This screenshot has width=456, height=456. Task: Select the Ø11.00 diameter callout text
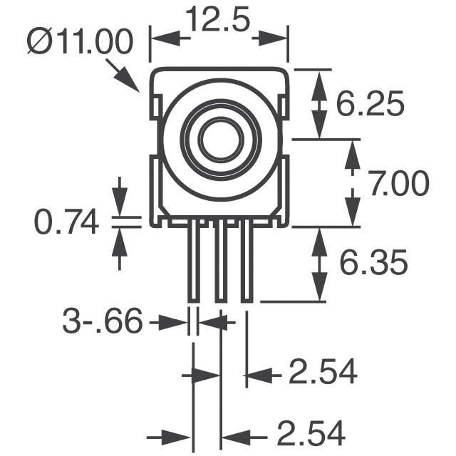pyautogui.click(x=81, y=43)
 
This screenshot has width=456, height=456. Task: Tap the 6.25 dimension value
pyautogui.click(x=370, y=105)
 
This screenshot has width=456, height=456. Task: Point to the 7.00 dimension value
pyautogui.click(x=398, y=185)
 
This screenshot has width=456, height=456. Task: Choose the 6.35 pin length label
pyautogui.click(x=372, y=264)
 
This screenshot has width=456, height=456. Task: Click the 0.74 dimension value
pyautogui.click(x=66, y=223)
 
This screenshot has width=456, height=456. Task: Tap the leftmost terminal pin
pyautogui.click(x=193, y=262)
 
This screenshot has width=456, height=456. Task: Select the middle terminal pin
pyautogui.click(x=221, y=262)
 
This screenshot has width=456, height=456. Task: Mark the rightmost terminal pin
pyautogui.click(x=247, y=262)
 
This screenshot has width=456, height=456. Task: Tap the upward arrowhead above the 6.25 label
pyautogui.click(x=319, y=78)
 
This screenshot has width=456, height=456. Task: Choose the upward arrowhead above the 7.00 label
pyautogui.click(x=351, y=150)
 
